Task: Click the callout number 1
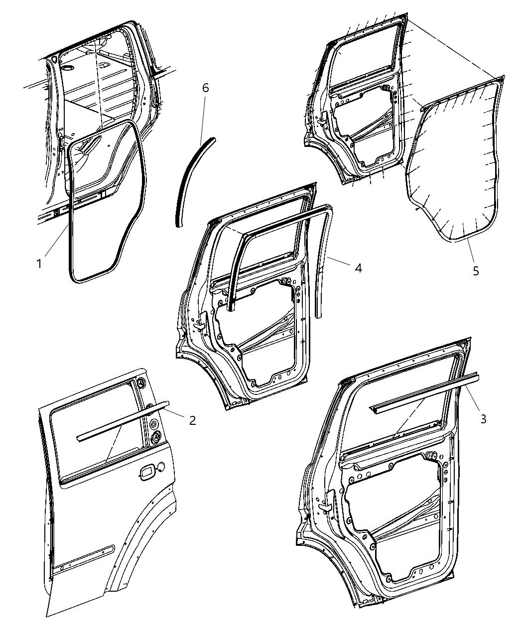39,263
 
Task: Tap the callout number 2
192,420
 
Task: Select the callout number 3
484,419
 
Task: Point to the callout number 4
359,268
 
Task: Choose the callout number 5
476,271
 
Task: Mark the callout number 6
206,88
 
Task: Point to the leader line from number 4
339,261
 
